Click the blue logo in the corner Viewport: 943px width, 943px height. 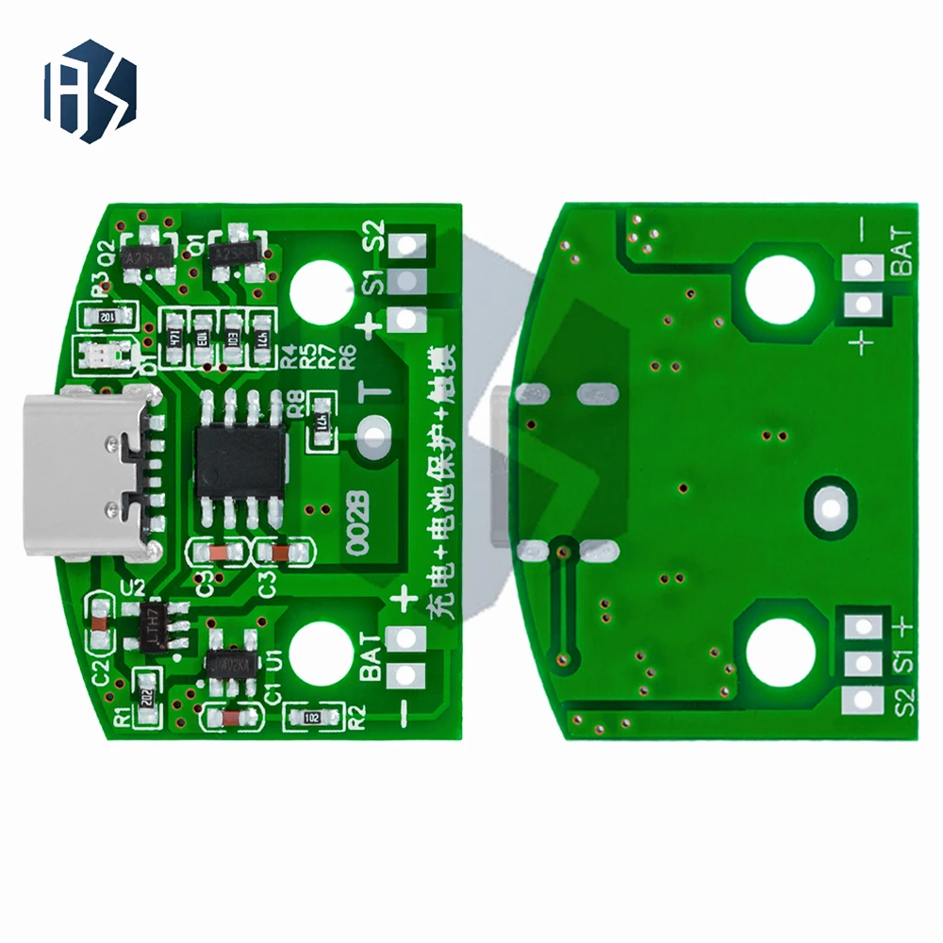pyautogui.click(x=90, y=91)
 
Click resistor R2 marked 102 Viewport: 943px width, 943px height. pyautogui.click(x=311, y=719)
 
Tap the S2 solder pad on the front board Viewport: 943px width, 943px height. pyautogui.click(x=406, y=246)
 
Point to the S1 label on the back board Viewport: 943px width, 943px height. pyautogui.click(x=902, y=662)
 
